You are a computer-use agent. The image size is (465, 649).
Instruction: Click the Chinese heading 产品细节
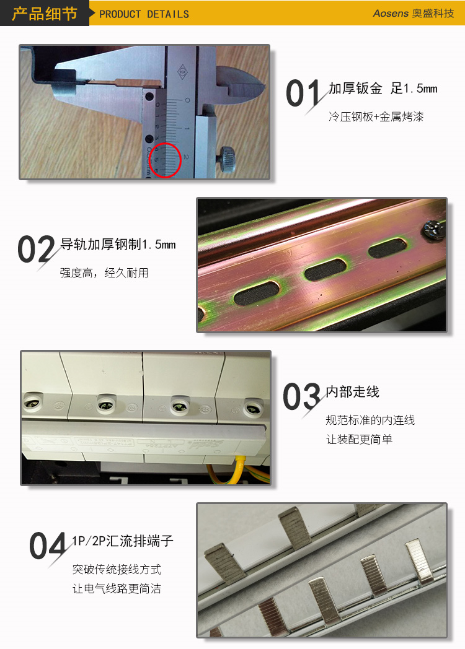tap(45, 14)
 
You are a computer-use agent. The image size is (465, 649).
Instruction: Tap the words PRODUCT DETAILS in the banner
tap(144, 14)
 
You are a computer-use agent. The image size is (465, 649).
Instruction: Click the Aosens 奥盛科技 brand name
tap(413, 13)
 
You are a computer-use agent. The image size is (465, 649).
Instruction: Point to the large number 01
tap(303, 93)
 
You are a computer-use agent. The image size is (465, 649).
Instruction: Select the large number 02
tap(36, 249)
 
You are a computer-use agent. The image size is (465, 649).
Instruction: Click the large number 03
tap(302, 396)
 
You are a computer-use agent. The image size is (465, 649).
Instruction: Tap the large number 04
tap(48, 546)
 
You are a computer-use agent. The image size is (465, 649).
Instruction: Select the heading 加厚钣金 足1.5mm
tap(383, 88)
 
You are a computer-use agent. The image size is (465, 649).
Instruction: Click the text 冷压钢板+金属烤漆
tap(376, 116)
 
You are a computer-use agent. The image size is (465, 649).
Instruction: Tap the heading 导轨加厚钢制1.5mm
tap(118, 244)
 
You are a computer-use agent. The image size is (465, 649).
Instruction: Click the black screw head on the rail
tap(433, 229)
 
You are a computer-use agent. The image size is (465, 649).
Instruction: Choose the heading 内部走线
tap(352, 391)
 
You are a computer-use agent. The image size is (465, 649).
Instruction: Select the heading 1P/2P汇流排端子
tap(122, 541)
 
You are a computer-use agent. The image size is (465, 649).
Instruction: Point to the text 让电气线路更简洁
tap(117, 588)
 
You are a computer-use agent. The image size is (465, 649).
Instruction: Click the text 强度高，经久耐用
tap(104, 272)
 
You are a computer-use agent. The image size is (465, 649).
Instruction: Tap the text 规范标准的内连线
tap(370, 420)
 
